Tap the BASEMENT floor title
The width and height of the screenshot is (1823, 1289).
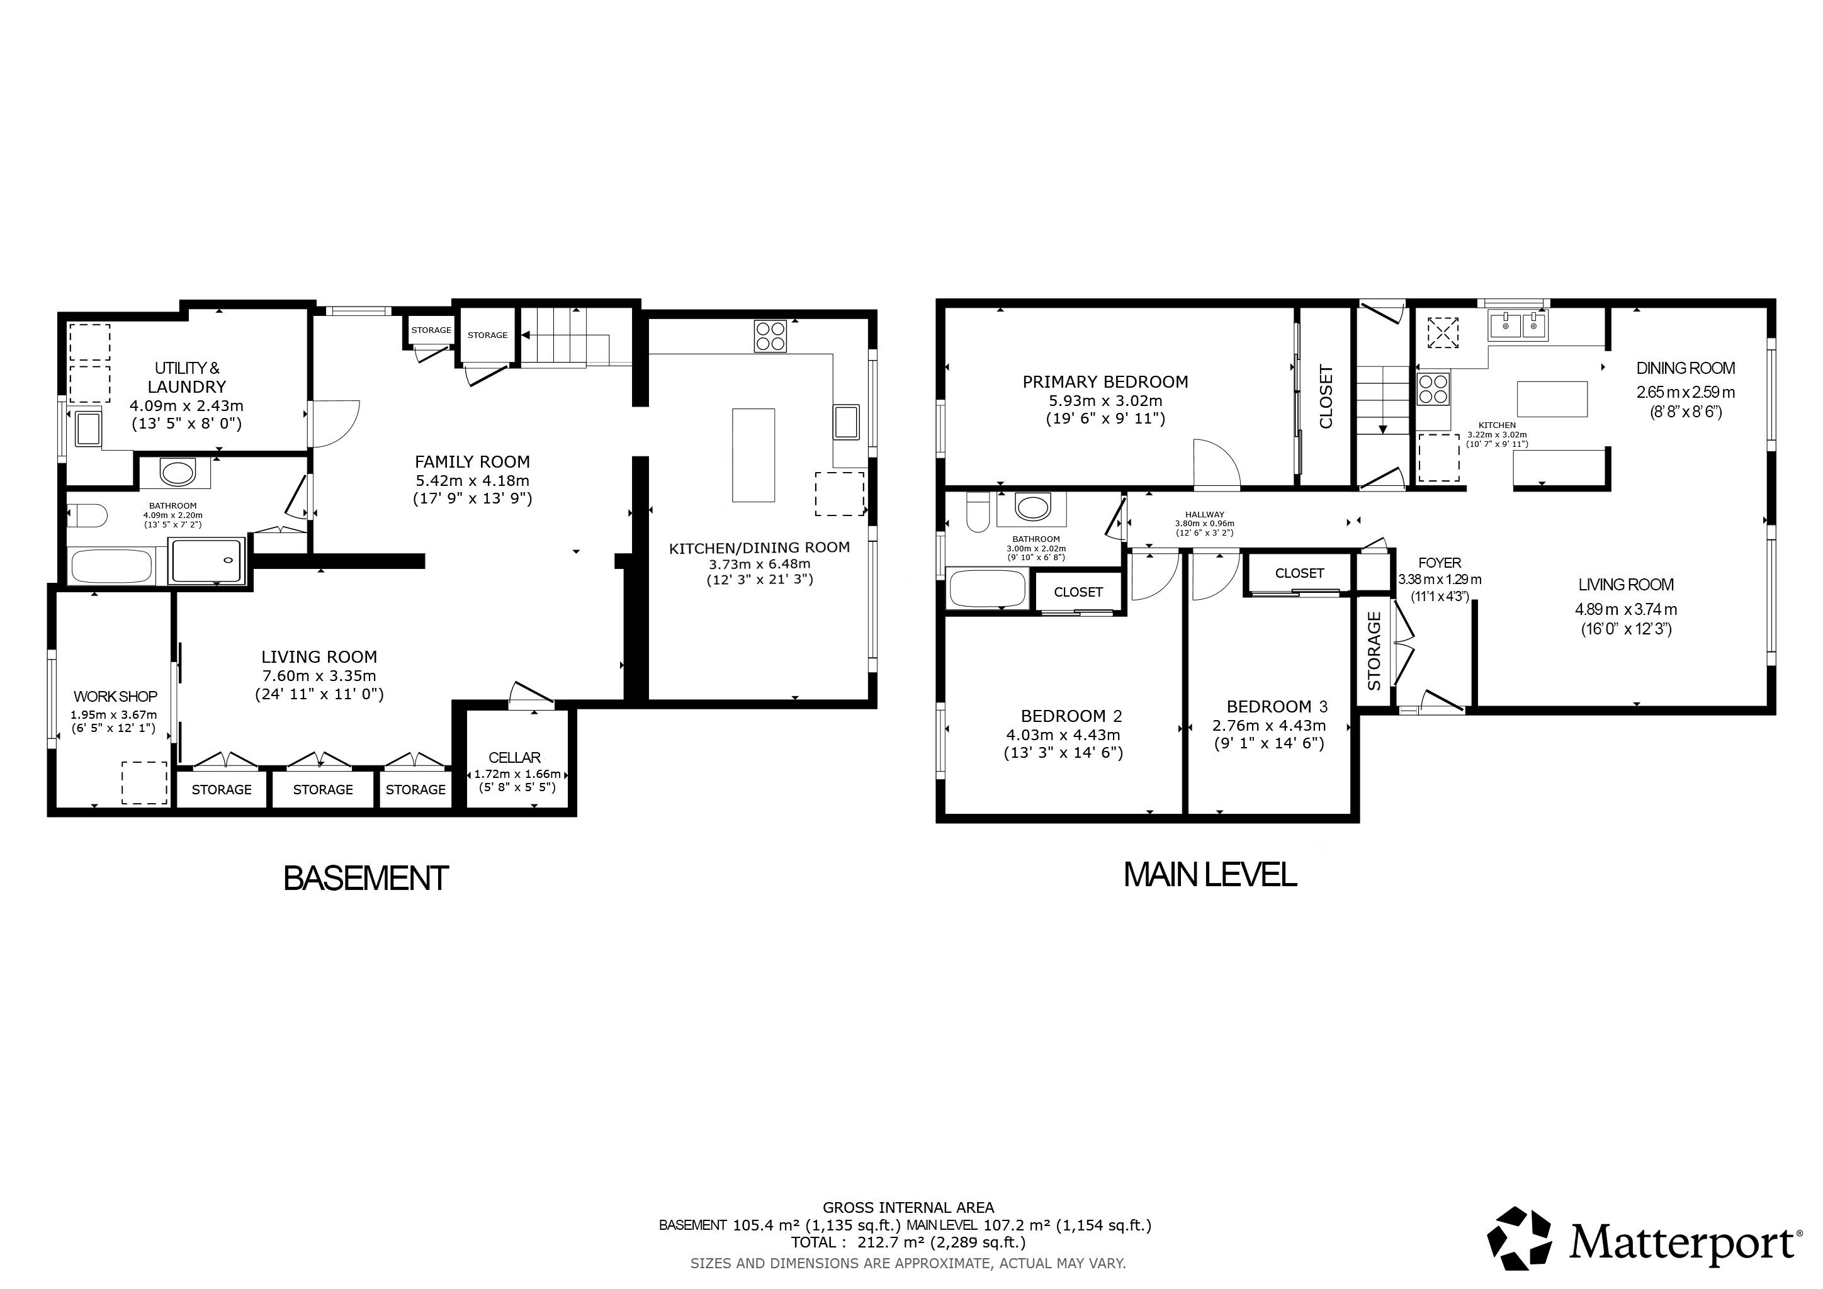pos(366,879)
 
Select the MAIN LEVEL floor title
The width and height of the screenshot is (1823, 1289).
pos(1210,875)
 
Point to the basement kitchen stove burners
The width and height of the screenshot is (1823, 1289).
pos(770,335)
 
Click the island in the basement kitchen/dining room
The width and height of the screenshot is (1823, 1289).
pos(753,455)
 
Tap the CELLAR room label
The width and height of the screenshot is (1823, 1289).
pos(514,758)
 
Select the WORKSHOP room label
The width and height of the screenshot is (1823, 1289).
pos(115,697)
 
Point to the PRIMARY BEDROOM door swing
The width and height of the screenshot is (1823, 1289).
pos(1216,462)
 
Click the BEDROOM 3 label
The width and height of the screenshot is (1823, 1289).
pos(1277,706)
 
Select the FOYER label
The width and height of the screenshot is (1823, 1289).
pos(1439,563)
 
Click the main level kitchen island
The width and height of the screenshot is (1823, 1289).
pos(1552,398)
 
